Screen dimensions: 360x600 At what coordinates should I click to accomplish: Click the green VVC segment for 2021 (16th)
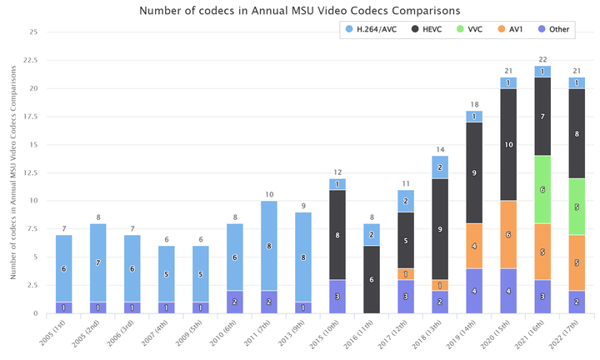(542, 189)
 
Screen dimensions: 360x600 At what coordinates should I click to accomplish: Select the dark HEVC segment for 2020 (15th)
(508, 144)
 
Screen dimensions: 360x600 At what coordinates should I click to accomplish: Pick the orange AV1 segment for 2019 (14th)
(474, 246)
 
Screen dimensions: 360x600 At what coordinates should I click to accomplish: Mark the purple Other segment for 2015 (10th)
(337, 296)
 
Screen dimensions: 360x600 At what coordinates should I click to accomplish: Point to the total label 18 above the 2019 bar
(474, 104)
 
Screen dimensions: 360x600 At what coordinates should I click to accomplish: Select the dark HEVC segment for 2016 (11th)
(372, 279)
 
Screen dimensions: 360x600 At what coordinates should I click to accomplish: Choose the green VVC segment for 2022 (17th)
(577, 207)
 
